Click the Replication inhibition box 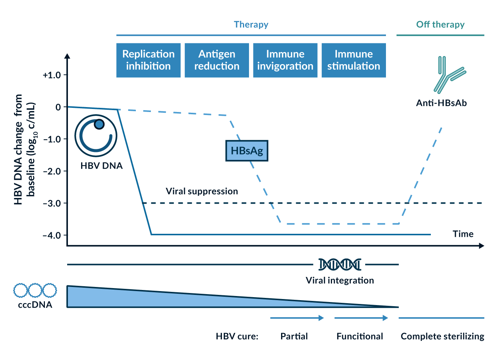(x=148, y=60)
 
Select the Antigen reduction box (x=217, y=60)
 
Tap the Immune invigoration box (x=285, y=60)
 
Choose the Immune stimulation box (x=354, y=60)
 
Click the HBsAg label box (x=247, y=151)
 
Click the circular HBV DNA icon (x=96, y=136)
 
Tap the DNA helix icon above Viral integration (x=340, y=265)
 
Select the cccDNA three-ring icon (x=35, y=290)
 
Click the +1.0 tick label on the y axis (x=52, y=75)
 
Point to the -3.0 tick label (x=52, y=204)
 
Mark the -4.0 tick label (x=52, y=236)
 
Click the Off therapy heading (x=440, y=25)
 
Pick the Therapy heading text (x=251, y=25)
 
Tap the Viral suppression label (x=202, y=192)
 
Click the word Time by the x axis (x=463, y=234)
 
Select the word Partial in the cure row (x=294, y=336)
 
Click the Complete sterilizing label (x=442, y=336)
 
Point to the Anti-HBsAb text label (x=441, y=103)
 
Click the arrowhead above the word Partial (x=321, y=318)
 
